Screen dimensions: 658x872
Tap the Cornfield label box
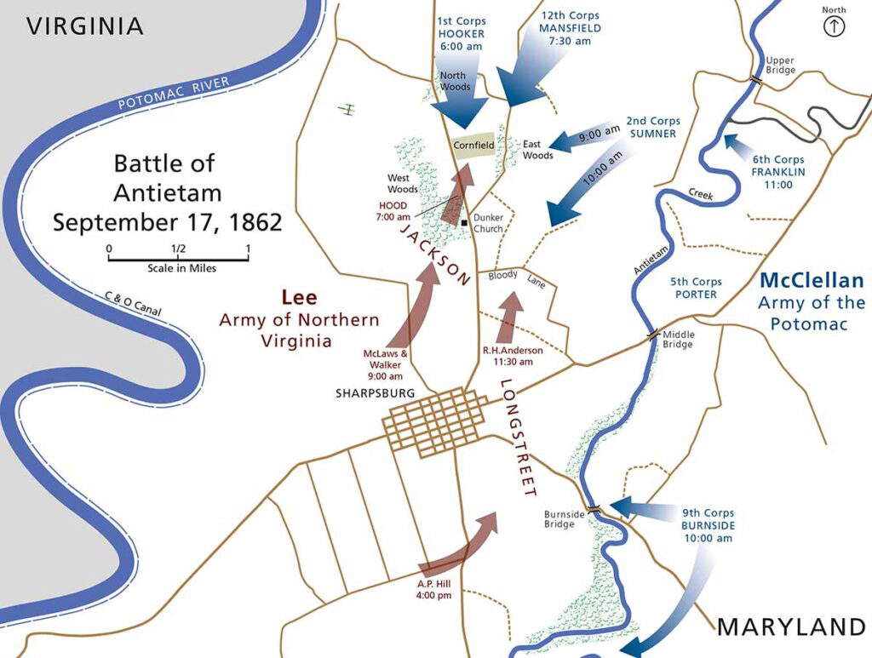coord(473,146)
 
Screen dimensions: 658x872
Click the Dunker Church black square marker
coord(463,223)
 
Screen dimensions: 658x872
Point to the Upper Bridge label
coord(780,65)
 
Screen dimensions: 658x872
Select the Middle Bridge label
coord(678,339)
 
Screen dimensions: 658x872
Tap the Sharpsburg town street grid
coord(435,421)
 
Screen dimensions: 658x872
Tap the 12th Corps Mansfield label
coord(571,28)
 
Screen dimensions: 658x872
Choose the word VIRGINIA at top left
coord(84,26)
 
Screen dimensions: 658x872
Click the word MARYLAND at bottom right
coord(791,627)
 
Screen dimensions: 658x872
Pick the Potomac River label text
coord(174,94)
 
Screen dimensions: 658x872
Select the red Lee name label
coord(299,297)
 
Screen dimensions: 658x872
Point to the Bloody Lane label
coord(516,278)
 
